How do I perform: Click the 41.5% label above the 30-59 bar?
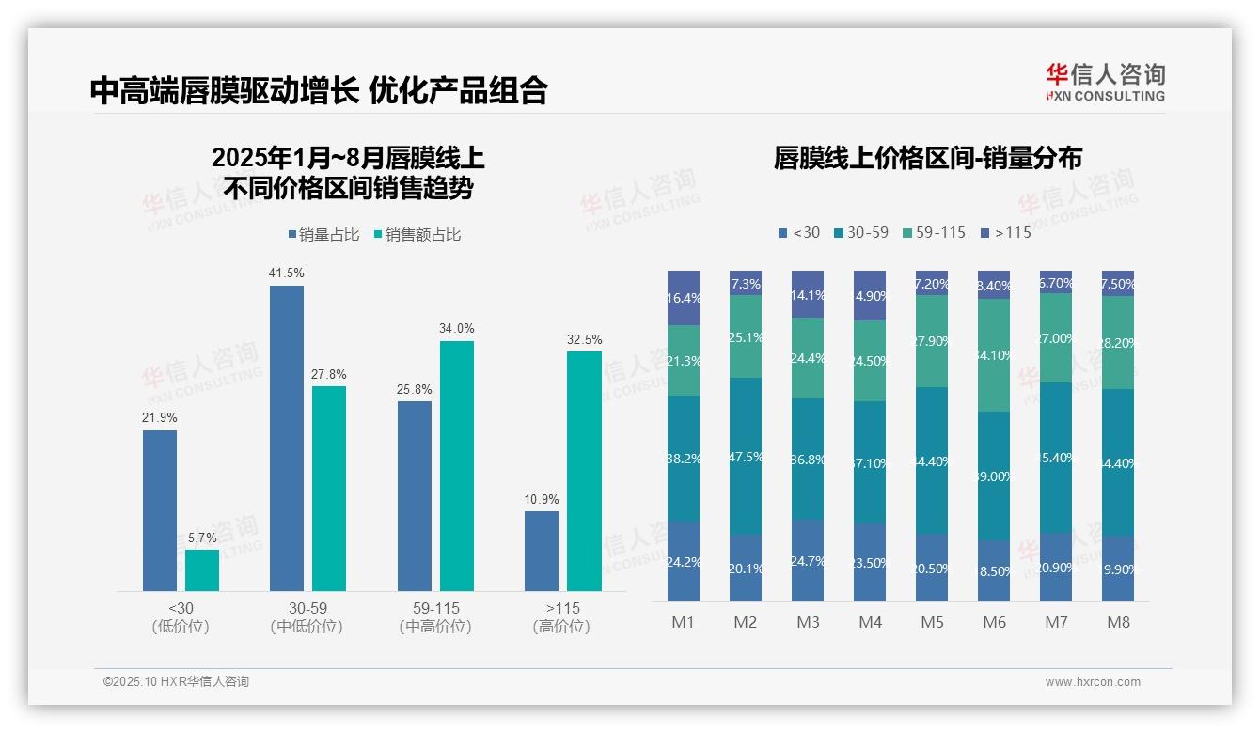click(287, 273)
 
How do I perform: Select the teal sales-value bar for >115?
click(584, 471)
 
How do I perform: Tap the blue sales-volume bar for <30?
click(160, 510)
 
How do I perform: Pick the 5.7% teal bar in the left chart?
click(202, 570)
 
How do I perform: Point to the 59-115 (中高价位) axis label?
click(435, 617)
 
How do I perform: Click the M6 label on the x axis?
click(994, 622)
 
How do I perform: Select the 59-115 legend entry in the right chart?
click(933, 232)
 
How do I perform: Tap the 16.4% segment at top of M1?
click(684, 298)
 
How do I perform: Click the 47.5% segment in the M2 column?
click(746, 457)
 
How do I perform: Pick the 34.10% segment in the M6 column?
click(994, 355)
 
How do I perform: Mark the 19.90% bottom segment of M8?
click(1118, 569)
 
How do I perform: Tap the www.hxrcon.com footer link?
click(1092, 682)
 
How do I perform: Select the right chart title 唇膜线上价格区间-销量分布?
click(927, 158)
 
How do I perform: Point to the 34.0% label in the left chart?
click(457, 328)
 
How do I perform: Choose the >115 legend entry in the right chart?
click(1006, 232)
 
